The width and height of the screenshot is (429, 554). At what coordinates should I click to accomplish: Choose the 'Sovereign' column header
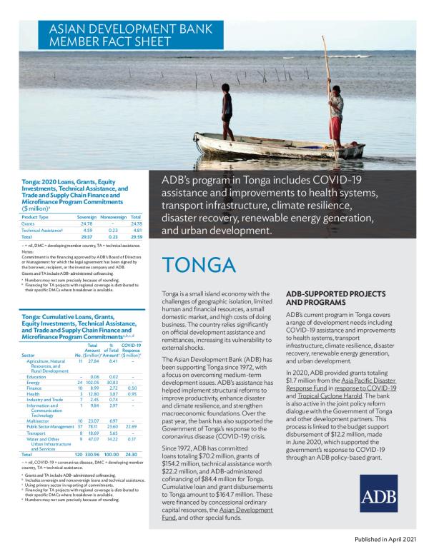pyautogui.click(x=86, y=217)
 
